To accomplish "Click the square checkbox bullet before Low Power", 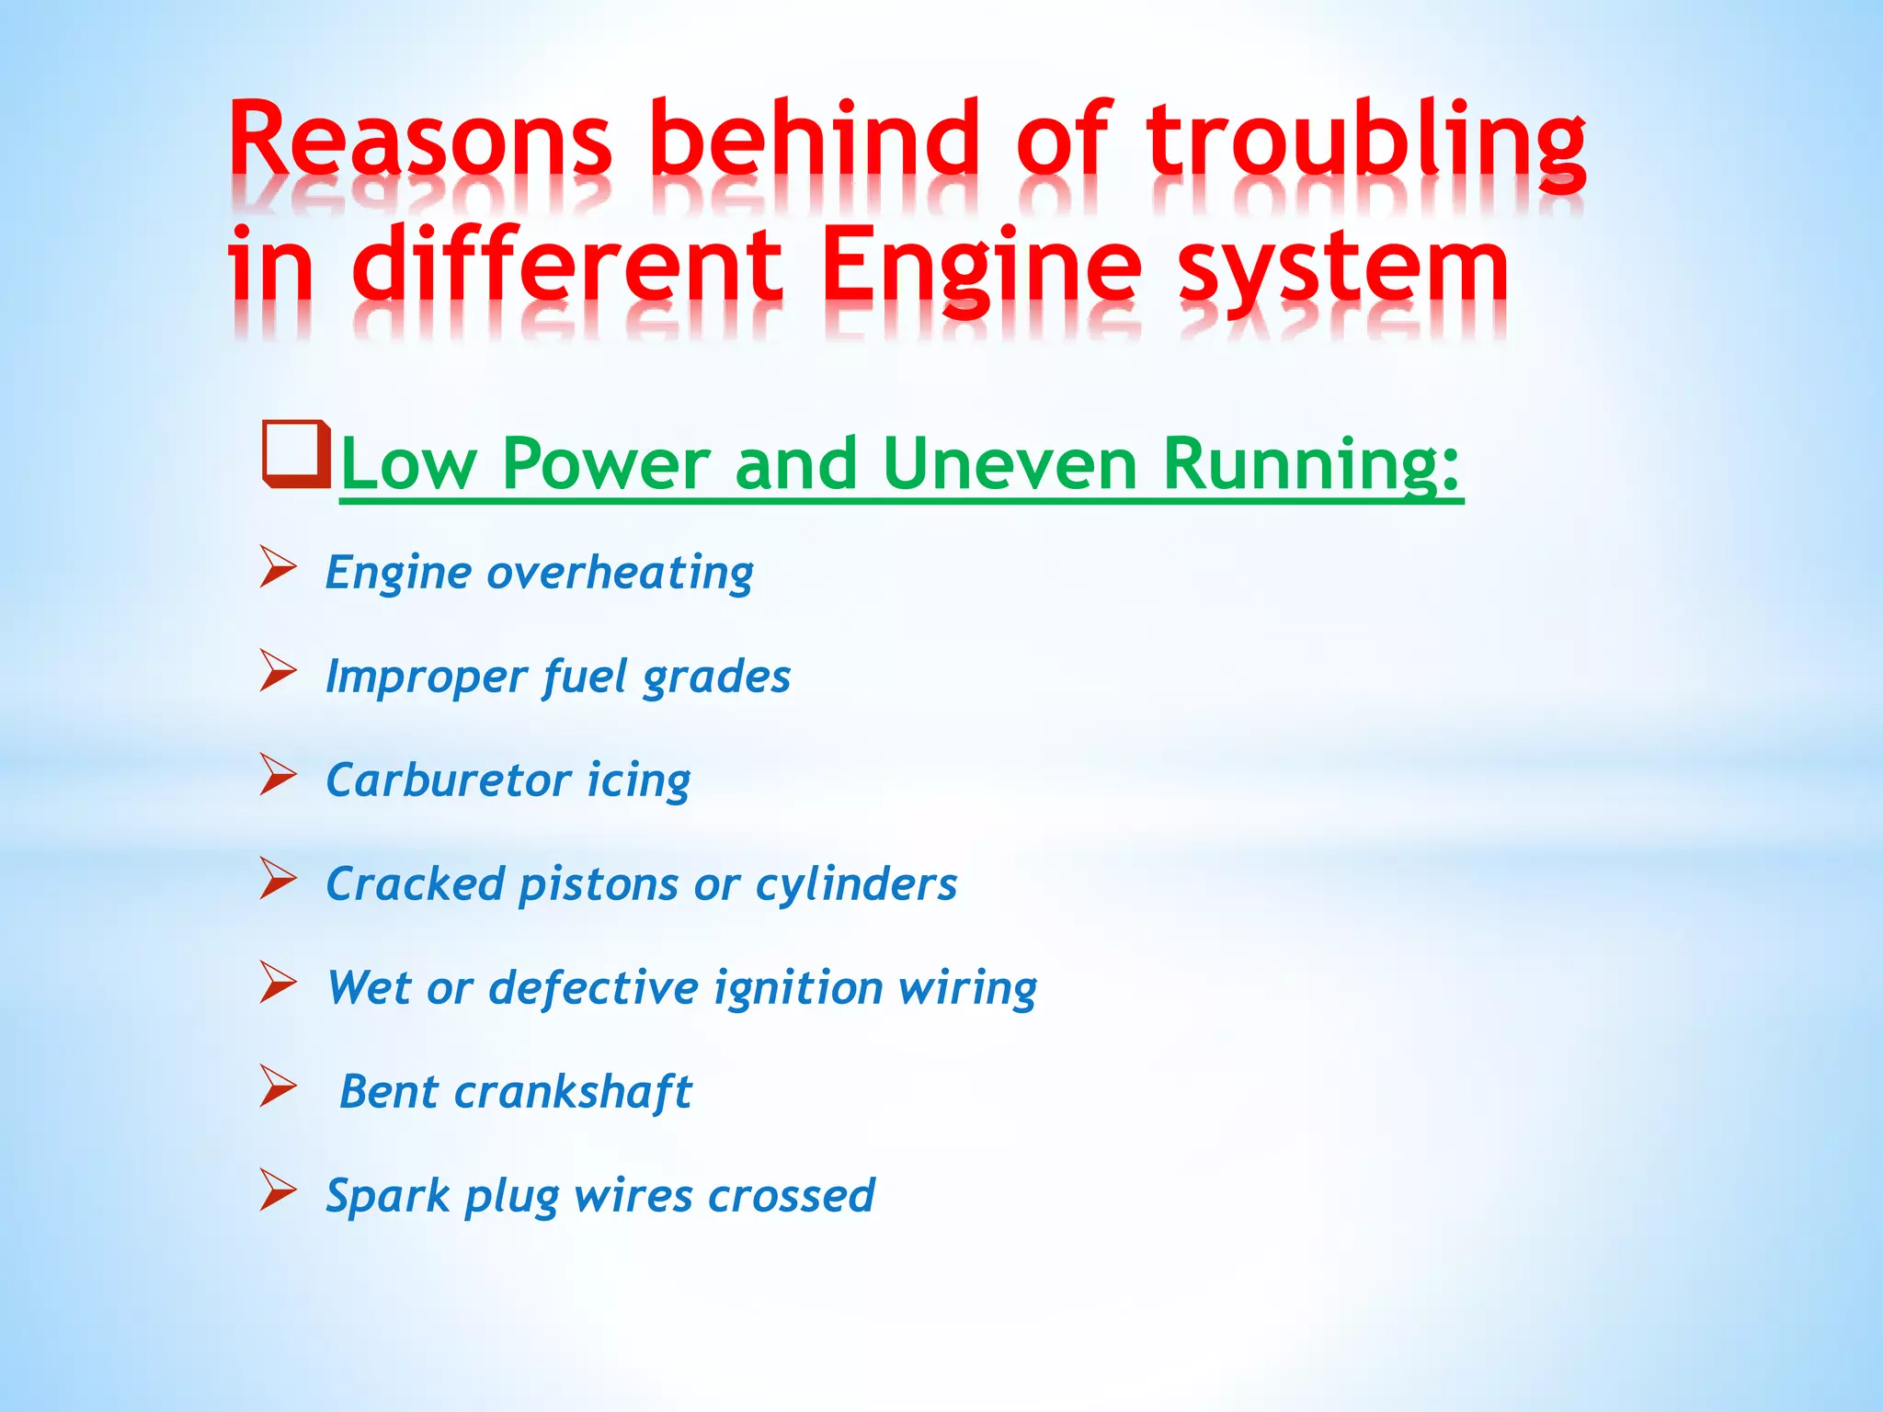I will click(296, 454).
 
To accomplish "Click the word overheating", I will click(620, 573).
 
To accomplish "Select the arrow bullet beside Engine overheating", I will click(278, 566).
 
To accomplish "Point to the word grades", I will click(716, 678).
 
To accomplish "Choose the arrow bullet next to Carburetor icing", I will click(278, 774).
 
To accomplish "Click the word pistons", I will click(599, 884).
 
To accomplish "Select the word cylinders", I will click(856, 884).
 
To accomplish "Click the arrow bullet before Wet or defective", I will click(278, 982).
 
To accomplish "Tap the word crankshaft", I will click(573, 1092).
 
